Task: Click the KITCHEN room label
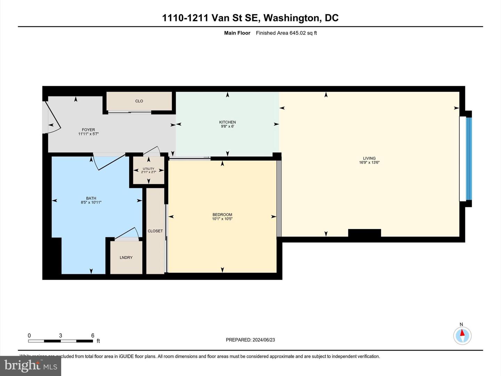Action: pos(227,122)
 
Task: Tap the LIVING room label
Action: pos(369,158)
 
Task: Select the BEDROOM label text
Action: pos(222,215)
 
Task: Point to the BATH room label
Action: pos(91,198)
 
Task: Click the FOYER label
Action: pos(88,130)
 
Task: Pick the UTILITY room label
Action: pos(149,169)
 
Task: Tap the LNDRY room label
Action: pos(126,258)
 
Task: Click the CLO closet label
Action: pos(139,101)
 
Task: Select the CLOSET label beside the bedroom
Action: pos(155,231)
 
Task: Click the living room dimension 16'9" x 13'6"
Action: pos(369,163)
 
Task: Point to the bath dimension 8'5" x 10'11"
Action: pos(91,203)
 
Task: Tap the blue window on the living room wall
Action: pos(469,159)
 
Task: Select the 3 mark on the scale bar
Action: pos(61,336)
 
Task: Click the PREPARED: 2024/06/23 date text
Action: pos(250,340)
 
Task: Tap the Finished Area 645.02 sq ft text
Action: pos(286,33)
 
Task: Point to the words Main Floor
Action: pos(237,33)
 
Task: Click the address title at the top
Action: pos(250,18)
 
